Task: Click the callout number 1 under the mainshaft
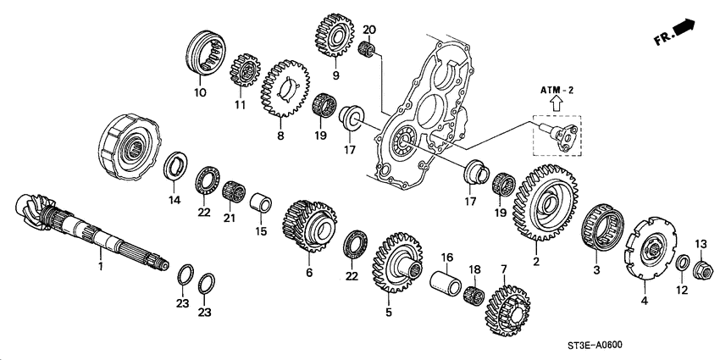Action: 100,267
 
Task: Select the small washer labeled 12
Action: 680,264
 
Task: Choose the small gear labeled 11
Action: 245,65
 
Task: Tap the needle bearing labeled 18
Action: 474,296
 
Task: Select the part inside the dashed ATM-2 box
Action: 558,132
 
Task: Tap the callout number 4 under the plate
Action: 645,301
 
